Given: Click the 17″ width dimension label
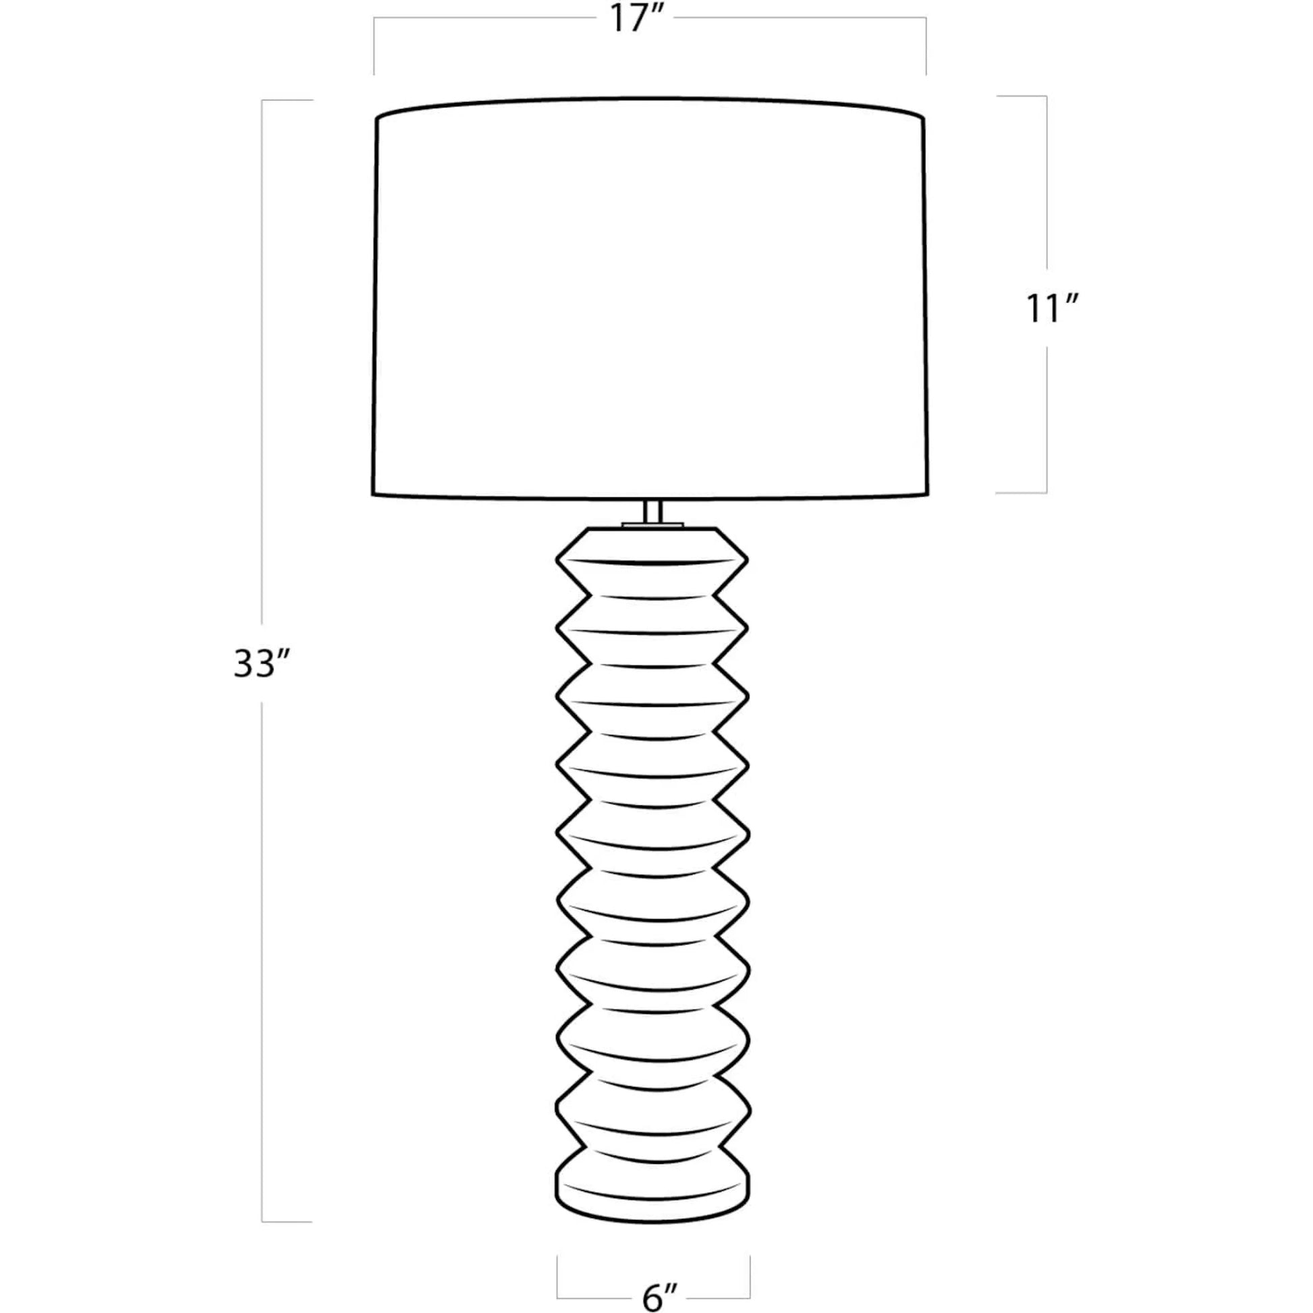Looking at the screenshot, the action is coord(632,19).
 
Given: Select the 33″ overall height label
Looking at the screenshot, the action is coord(262,664).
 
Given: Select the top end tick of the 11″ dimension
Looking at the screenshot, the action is coord(1022,96).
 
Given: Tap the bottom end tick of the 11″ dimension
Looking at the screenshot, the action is coord(1022,492).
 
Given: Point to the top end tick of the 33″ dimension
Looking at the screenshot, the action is coord(287,101).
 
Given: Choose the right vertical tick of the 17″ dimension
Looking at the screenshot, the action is coord(926,45).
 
